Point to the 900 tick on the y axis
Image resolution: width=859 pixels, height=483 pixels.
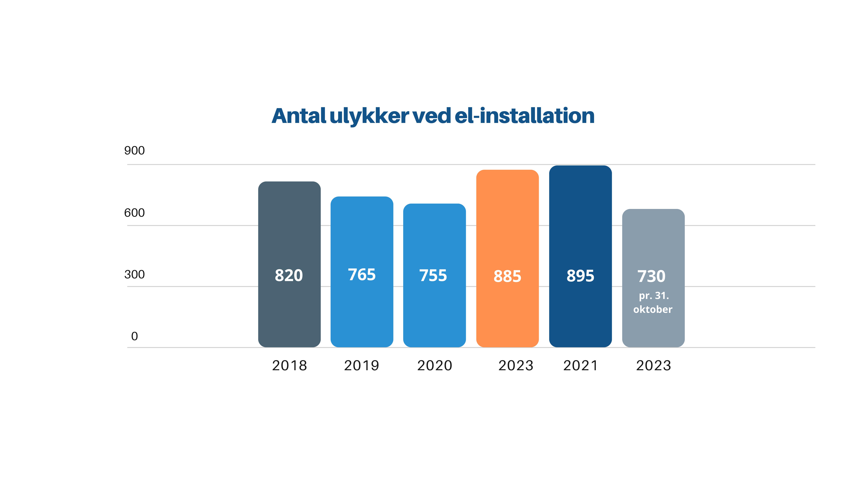point(134,151)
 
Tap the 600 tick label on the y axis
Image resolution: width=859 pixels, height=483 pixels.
point(134,213)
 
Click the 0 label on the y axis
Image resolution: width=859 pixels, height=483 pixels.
point(134,336)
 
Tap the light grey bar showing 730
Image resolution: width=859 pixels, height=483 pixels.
point(653,240)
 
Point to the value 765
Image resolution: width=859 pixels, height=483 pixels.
point(362,275)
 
